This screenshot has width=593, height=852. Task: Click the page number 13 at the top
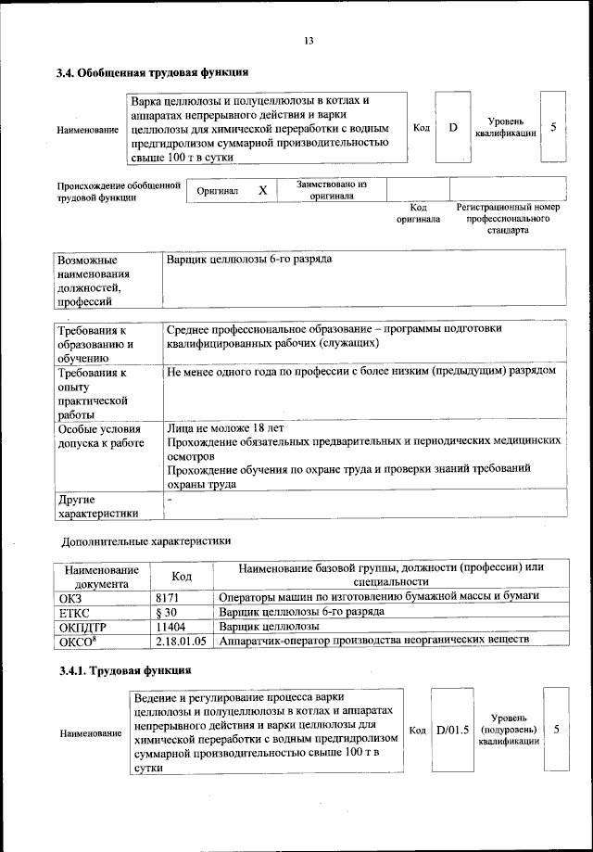pos(309,40)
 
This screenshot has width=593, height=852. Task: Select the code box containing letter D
pos(453,127)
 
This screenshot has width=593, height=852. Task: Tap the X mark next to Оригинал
pos(262,190)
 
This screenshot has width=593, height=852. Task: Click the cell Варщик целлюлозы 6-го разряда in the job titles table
pos(248,259)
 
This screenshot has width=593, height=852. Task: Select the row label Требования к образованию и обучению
pos(97,343)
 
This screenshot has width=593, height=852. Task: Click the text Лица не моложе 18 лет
pos(224,429)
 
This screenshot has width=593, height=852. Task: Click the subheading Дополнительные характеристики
pos(145,540)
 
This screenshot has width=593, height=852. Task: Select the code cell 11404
pos(173,627)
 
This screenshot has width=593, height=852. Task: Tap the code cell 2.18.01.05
pos(182,641)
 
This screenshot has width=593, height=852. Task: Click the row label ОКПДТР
pos(84,627)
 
